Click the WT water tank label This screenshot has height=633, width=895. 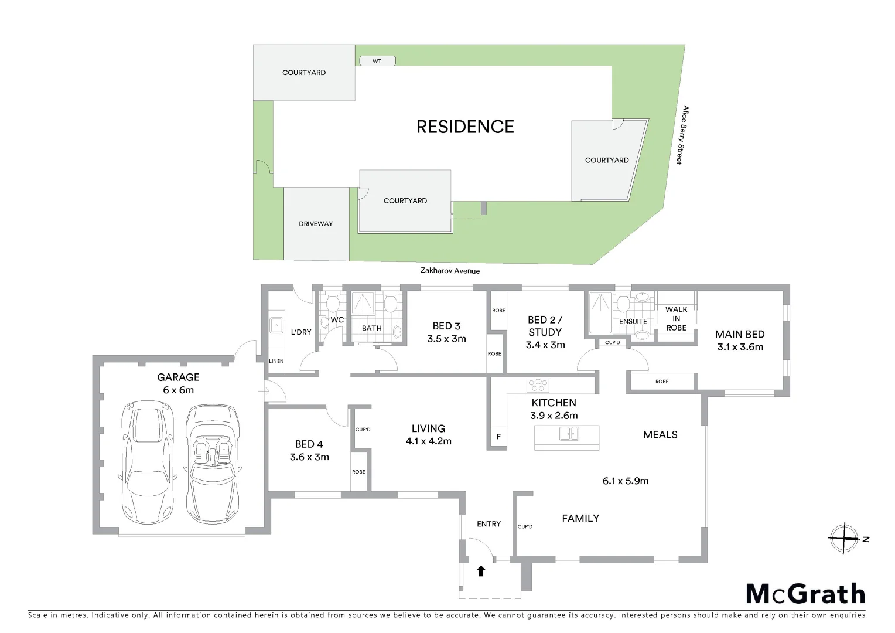point(377,61)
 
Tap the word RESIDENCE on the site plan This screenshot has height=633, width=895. point(465,127)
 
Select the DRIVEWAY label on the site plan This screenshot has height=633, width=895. point(316,224)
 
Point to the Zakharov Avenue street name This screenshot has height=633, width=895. point(450,271)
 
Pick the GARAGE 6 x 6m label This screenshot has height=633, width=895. point(178,383)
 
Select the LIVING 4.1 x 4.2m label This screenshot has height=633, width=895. point(428,434)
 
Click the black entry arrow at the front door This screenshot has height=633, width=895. point(481,570)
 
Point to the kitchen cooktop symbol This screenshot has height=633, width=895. point(538,385)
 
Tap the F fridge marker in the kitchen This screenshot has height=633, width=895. point(498,437)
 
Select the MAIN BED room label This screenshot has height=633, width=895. point(740,340)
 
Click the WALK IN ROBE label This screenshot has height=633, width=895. point(677,318)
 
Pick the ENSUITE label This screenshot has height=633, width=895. point(633,321)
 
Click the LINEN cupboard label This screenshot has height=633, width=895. point(276,361)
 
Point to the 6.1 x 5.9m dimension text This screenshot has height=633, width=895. point(625,481)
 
